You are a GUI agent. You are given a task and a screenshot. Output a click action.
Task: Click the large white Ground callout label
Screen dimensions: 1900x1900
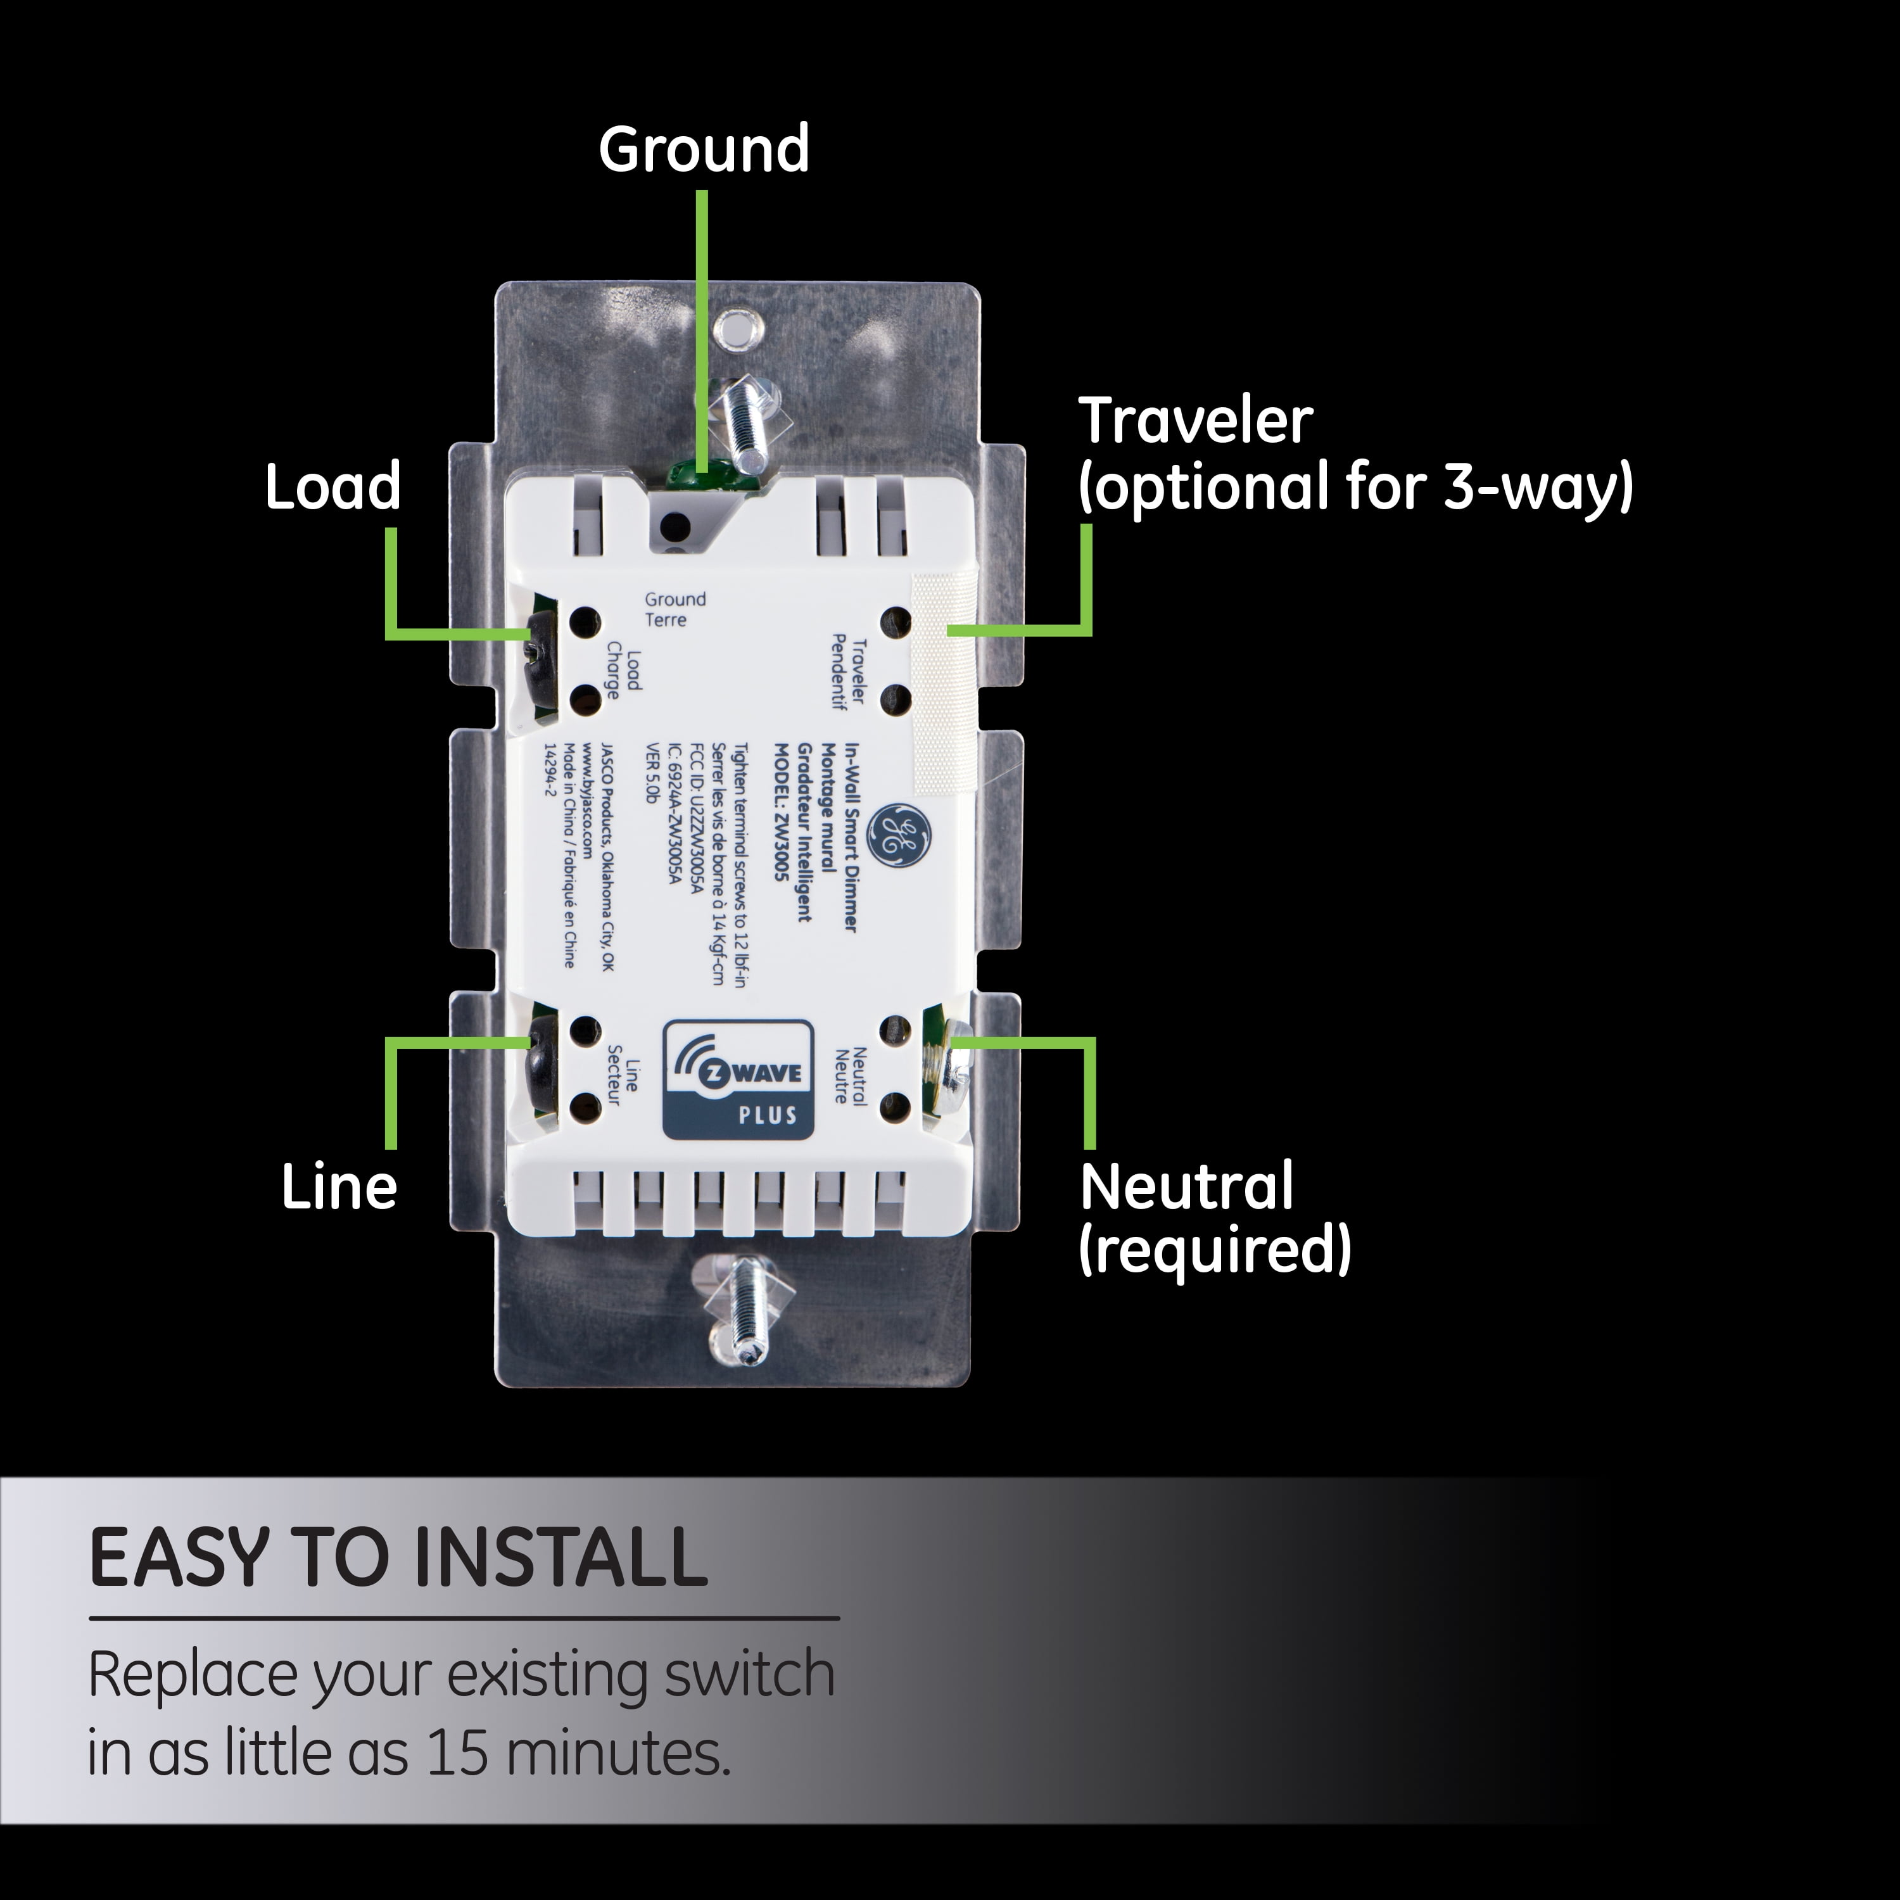point(704,149)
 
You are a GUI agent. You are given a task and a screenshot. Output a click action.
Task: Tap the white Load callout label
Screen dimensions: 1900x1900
point(333,487)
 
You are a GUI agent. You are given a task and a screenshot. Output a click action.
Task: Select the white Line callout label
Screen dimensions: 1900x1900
point(339,1186)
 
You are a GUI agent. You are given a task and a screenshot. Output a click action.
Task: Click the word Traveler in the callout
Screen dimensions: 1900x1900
point(1196,421)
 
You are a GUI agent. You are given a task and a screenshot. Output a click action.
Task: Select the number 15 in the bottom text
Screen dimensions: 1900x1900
point(457,1752)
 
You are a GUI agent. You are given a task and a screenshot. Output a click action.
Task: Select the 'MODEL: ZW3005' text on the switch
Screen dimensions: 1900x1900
point(783,811)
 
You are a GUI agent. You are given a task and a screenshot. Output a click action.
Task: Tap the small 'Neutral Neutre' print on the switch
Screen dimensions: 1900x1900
point(850,1077)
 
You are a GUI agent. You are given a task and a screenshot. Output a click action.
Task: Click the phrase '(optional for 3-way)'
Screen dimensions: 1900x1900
point(1355,487)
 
